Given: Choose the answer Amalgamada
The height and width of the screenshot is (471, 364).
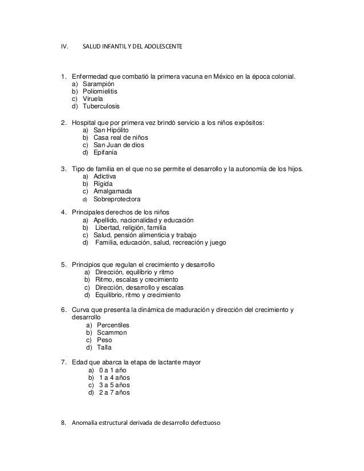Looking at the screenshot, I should [x=112, y=191].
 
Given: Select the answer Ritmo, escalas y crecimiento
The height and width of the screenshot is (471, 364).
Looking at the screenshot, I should [x=136, y=281].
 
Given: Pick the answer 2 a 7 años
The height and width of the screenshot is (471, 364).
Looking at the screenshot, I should [x=114, y=393].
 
